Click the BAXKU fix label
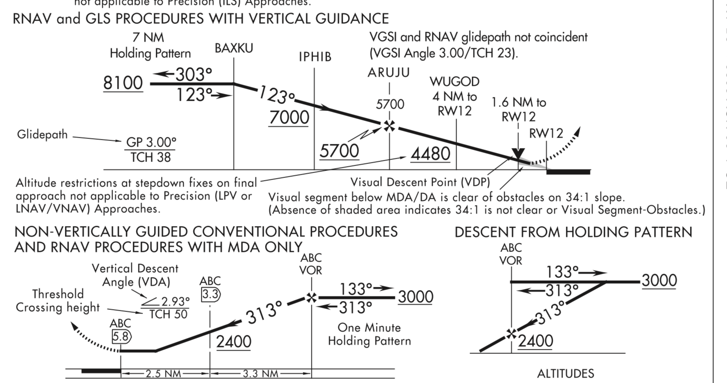234,48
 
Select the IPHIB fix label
315,57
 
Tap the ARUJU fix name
389,73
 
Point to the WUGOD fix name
455,82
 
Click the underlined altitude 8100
123,83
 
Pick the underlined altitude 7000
289,118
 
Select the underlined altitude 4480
430,154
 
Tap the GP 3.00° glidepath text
151,142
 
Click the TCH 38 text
150,157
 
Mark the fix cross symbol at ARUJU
389,126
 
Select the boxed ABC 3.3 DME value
210,294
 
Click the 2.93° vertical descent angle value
175,302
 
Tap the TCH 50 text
168,314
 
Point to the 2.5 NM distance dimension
163,374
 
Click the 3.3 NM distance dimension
260,374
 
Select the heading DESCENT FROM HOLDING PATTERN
573,233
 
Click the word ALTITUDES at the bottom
565,374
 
